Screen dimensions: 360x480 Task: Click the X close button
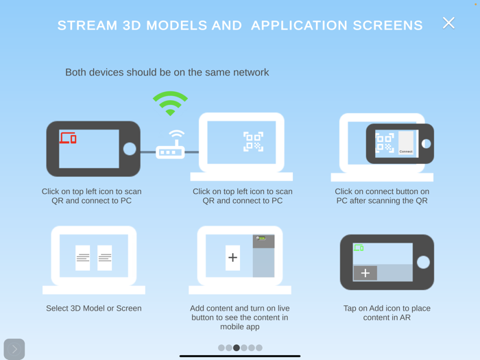(x=448, y=23)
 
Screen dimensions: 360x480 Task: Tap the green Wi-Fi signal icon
(x=170, y=104)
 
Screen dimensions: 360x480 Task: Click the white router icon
(x=170, y=147)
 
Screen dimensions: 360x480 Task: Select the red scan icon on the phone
(x=68, y=138)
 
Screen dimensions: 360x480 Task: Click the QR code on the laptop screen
(x=252, y=142)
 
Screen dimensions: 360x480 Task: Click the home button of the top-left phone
(x=130, y=149)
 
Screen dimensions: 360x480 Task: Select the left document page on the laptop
(x=83, y=258)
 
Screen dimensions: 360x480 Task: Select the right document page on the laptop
(x=105, y=258)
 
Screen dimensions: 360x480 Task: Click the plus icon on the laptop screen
(x=232, y=258)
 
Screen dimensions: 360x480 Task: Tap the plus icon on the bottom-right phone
(x=365, y=273)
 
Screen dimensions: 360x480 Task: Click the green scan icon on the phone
(x=358, y=248)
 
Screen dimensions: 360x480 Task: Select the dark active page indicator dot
(x=237, y=348)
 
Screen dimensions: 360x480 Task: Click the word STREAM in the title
(x=84, y=26)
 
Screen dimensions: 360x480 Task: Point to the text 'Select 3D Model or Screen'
(x=94, y=309)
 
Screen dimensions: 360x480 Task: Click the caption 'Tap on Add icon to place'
(x=387, y=309)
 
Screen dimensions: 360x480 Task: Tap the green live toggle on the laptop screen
(x=261, y=239)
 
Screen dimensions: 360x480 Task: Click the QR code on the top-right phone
(x=385, y=143)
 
